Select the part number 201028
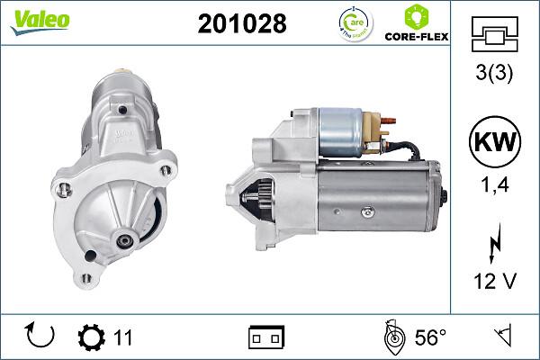tap(241, 24)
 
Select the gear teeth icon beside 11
tap(93, 337)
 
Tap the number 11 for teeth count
tap(123, 337)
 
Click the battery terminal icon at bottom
tap(266, 337)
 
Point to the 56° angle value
tap(430, 337)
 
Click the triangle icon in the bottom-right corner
tap(503, 337)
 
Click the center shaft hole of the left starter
tap(122, 240)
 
